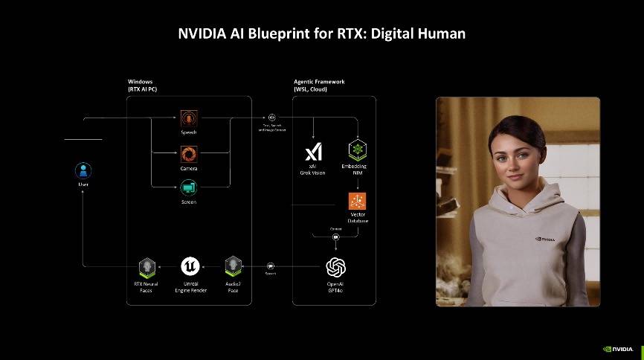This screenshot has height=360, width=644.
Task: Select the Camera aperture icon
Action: (189, 154)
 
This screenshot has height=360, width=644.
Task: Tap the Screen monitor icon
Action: (189, 188)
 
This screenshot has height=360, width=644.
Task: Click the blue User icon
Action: (83, 169)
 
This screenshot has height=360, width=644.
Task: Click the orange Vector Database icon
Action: (358, 200)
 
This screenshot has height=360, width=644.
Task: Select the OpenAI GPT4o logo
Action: (336, 266)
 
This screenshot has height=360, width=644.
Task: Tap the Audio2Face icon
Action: (234, 266)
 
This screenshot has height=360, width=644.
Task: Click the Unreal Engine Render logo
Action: (190, 266)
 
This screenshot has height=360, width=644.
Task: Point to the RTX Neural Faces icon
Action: (147, 266)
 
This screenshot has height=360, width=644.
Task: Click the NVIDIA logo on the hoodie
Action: (546, 239)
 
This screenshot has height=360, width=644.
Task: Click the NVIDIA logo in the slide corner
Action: (618, 347)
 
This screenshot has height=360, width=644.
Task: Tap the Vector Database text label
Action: (358, 218)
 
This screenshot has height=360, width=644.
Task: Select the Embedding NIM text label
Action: (358, 169)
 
